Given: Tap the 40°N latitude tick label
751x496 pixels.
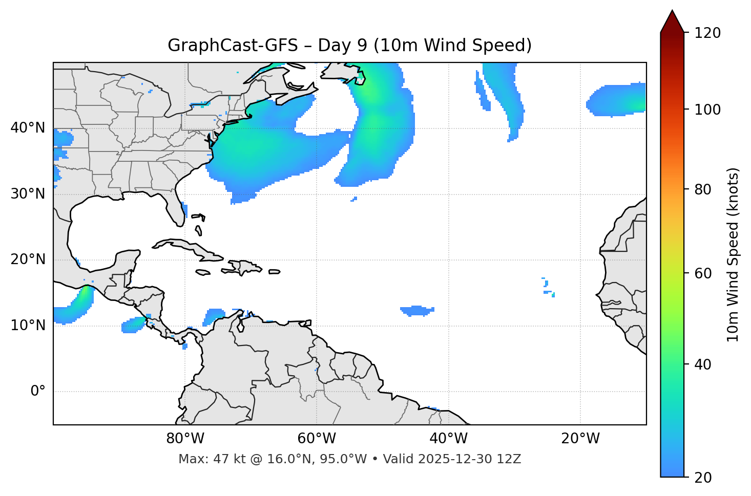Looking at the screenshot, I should coord(28,127).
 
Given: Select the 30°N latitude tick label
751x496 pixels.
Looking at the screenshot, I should coord(28,193).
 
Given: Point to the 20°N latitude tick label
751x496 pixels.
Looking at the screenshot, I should coord(28,260).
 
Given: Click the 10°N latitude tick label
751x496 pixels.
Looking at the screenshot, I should coord(28,326).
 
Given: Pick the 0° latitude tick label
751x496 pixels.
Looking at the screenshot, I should coord(38,391).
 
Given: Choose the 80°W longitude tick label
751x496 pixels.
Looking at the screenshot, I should coord(185,439).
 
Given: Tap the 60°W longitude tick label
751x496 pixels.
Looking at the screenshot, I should coord(317,439).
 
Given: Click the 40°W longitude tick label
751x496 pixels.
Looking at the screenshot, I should coord(448,439).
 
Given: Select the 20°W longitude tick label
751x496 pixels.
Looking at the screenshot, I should coord(580,439).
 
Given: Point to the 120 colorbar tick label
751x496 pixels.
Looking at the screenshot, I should coord(707,33).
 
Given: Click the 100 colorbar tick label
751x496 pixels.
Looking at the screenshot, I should coord(707,110).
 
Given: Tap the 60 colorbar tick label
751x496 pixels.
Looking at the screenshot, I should coord(703,273).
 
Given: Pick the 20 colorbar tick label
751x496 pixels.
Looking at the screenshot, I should coord(703,477).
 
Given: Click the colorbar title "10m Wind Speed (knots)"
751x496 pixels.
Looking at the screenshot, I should coord(734,254).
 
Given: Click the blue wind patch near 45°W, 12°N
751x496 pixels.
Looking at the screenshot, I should coord(416,310).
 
